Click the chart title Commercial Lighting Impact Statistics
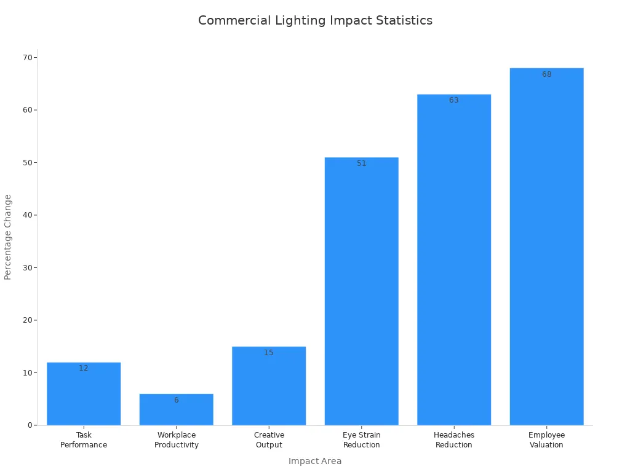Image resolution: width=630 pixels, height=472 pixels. point(315,20)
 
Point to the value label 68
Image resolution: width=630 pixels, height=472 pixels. point(546,74)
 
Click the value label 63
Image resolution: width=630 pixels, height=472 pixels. point(454,100)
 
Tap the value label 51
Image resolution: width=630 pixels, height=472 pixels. point(361,163)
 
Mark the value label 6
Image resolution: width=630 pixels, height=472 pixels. point(176,400)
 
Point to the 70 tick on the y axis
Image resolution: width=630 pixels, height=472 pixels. point(27,58)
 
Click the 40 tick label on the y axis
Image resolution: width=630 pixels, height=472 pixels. point(27,215)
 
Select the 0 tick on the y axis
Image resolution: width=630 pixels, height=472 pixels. point(30,425)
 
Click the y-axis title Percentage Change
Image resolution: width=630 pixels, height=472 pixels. point(8,237)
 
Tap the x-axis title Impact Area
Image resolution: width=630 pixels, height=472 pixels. point(315,461)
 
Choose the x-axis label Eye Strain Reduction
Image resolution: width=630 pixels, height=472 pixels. point(361,440)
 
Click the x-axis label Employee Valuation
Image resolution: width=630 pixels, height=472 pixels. point(546,440)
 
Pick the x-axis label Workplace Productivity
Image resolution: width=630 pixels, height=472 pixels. point(176,440)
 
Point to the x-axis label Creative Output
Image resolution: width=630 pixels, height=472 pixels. point(269,440)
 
